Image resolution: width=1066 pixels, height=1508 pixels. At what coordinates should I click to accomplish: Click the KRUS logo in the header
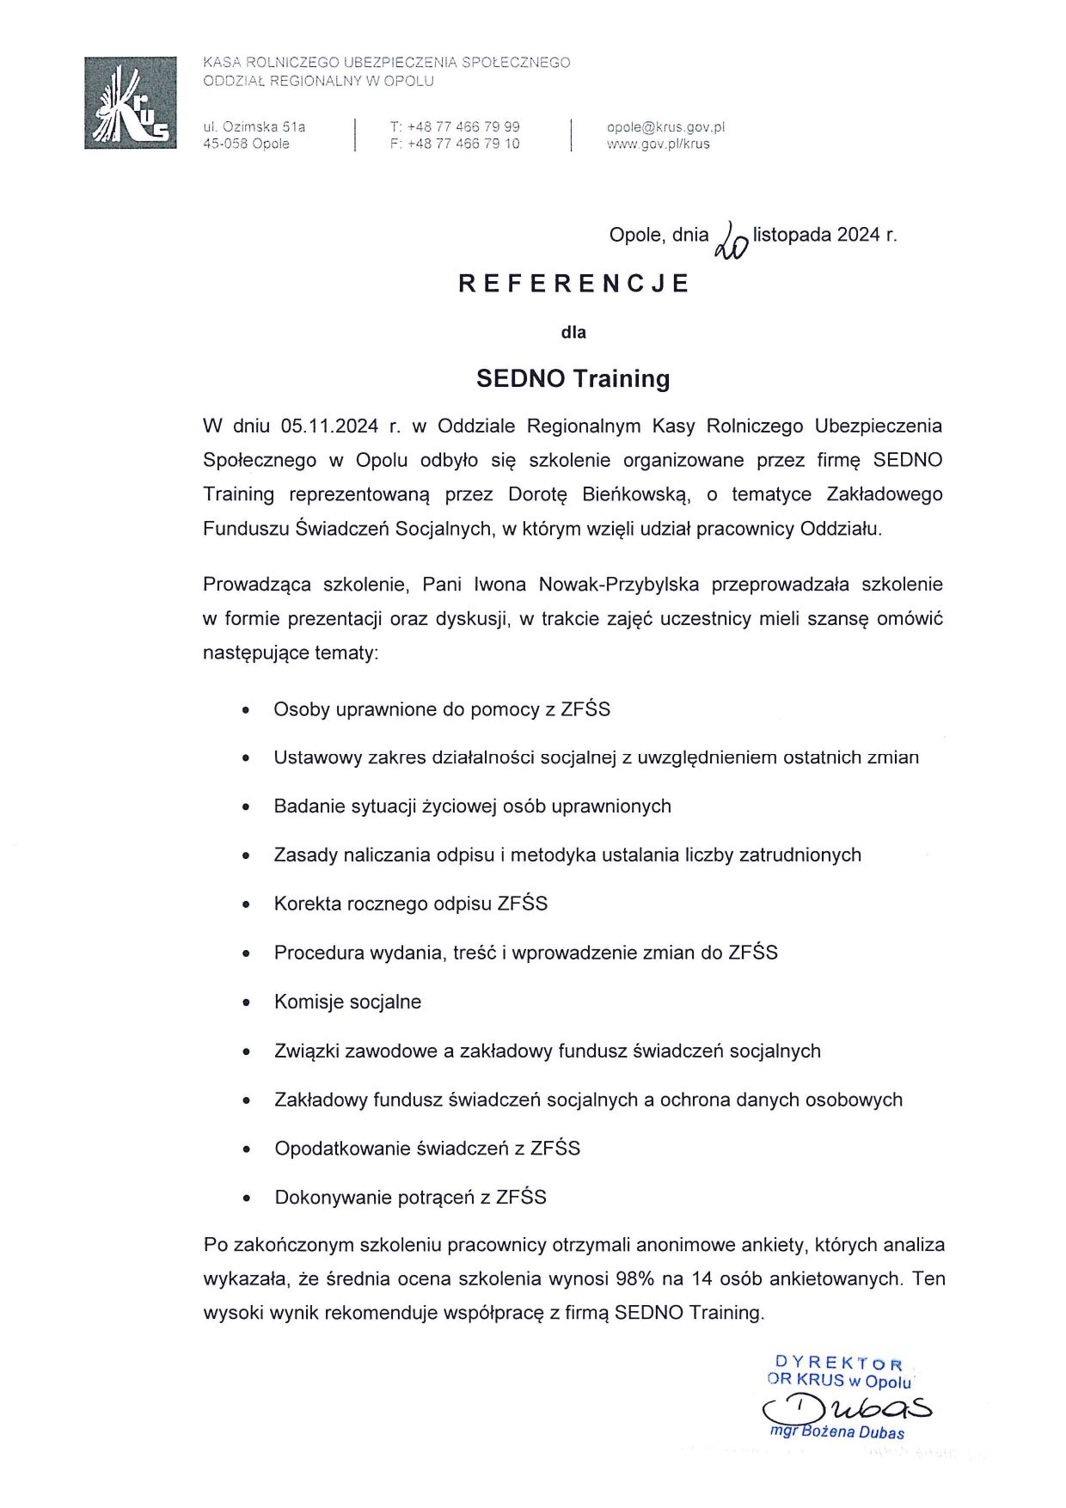click(131, 103)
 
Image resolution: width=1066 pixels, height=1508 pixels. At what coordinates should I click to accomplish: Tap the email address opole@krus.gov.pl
click(665, 127)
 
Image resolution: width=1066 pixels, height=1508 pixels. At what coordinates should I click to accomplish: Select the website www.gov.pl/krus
click(658, 144)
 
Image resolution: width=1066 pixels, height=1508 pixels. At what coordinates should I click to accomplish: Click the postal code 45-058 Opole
click(246, 144)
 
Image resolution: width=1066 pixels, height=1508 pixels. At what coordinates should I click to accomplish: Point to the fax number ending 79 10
click(455, 144)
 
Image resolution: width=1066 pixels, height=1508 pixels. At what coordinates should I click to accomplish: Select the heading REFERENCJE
click(573, 284)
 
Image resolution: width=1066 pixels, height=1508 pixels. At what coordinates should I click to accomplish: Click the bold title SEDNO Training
click(573, 379)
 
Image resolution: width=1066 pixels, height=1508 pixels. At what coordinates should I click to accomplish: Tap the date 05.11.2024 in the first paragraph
click(329, 426)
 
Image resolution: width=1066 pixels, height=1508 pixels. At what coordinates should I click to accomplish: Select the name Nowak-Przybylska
click(619, 585)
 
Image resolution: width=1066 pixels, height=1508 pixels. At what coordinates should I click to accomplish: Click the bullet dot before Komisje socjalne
click(247, 1003)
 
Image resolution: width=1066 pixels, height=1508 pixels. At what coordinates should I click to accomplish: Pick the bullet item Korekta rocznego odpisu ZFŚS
click(410, 904)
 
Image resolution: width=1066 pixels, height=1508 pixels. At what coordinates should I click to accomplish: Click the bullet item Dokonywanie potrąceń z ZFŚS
click(410, 1198)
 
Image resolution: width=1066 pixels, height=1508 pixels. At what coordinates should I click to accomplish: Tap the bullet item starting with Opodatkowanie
click(427, 1149)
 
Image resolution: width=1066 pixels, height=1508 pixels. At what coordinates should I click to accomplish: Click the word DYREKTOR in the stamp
click(839, 1364)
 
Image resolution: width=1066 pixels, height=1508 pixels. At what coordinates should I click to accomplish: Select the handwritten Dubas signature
click(847, 1407)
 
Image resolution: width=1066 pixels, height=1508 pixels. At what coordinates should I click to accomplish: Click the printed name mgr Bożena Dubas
click(837, 1432)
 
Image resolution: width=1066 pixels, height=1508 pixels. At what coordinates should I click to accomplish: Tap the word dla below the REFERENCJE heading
click(573, 333)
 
